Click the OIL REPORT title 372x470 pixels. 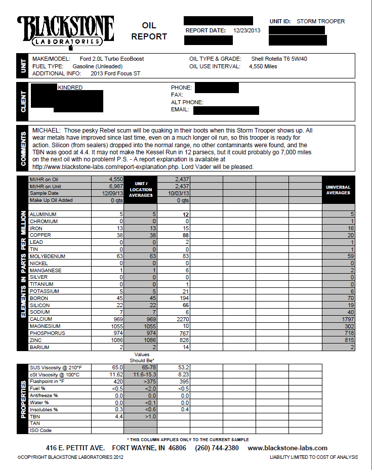(x=149, y=31)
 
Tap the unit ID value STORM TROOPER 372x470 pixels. (x=320, y=21)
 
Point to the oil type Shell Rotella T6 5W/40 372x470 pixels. (x=279, y=59)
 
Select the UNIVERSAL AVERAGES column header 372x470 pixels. (x=338, y=190)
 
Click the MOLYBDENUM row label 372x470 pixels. (x=46, y=257)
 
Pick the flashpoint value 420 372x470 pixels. (x=117, y=381)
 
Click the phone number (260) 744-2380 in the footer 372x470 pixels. (x=217, y=448)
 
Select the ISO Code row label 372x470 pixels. (x=40, y=431)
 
